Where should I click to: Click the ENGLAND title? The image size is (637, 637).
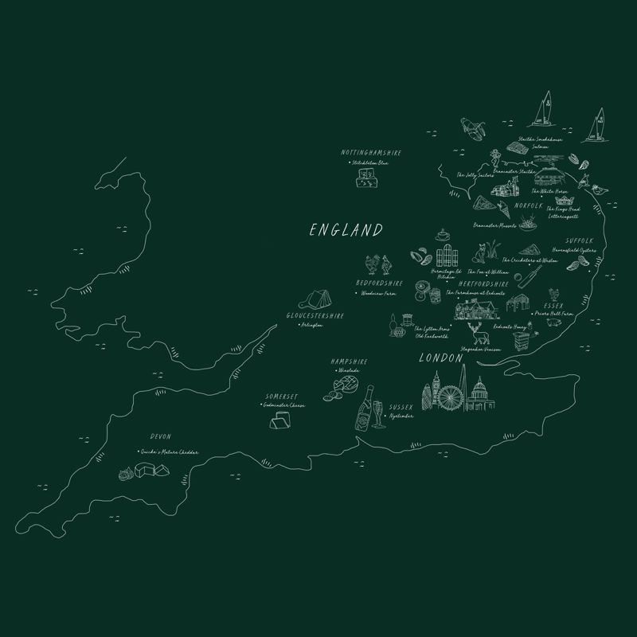346,231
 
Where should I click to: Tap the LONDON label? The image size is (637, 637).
440,359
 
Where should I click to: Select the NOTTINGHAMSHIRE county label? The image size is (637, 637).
371,152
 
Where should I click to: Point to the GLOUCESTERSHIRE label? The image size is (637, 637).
315,316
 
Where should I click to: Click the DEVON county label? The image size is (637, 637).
160,436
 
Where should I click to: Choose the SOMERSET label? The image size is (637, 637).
282,397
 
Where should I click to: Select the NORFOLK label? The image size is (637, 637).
528,205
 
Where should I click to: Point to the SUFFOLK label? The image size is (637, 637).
580,240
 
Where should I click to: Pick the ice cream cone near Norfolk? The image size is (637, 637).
505,210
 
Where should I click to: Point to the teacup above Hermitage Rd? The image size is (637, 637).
443,236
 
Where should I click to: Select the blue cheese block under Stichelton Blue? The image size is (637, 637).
366,180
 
